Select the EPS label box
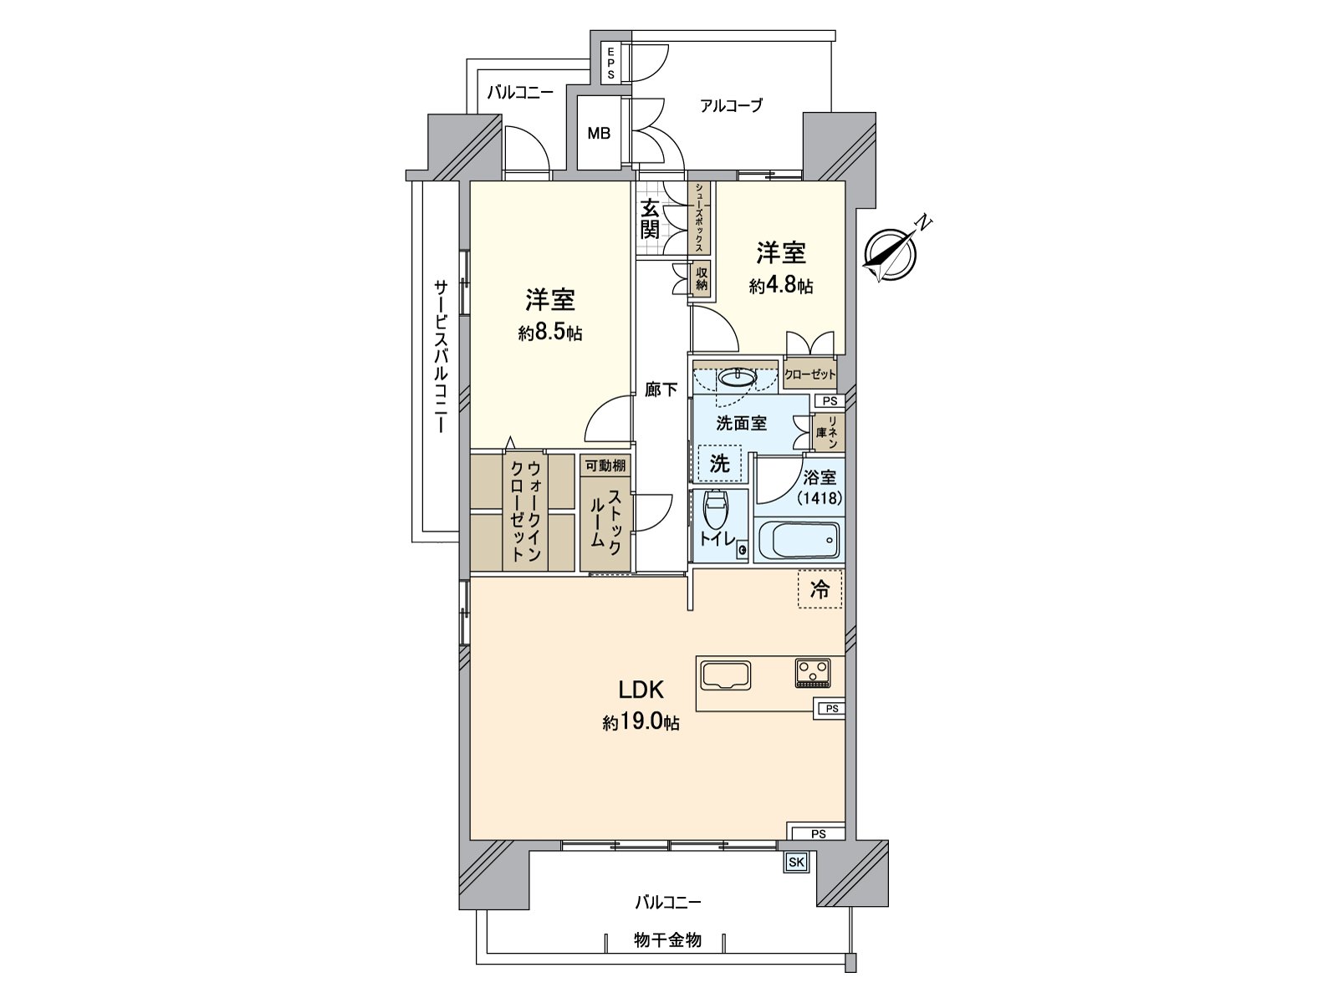(610, 63)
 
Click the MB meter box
(599, 133)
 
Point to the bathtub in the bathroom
(798, 541)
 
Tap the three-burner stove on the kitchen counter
(813, 671)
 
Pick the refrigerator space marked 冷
(820, 589)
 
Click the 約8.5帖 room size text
(549, 333)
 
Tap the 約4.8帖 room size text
(781, 286)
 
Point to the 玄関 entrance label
(650, 219)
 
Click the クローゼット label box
(809, 374)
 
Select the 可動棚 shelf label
(605, 466)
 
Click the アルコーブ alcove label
(731, 106)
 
